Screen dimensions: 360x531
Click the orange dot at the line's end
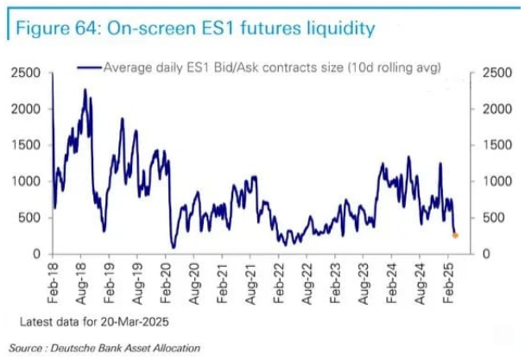tap(456, 235)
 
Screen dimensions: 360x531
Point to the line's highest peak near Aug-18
tap(85, 90)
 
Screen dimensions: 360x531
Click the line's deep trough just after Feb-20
tap(173, 247)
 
